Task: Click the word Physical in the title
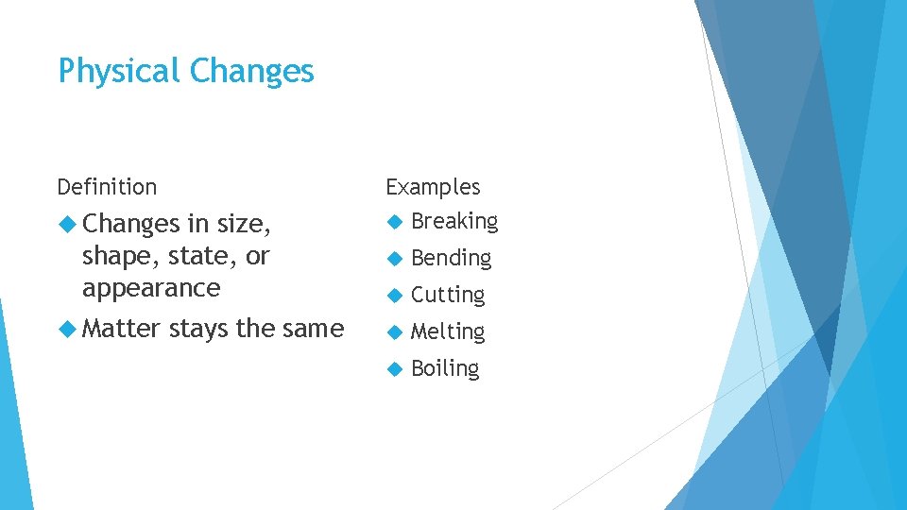(119, 72)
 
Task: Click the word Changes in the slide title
(251, 72)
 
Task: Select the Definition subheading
(107, 187)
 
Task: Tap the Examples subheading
(433, 187)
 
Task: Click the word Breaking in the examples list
(454, 222)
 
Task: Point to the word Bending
(451, 258)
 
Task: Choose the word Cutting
(448, 295)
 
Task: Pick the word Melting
(448, 331)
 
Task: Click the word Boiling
(445, 368)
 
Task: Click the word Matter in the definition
(121, 329)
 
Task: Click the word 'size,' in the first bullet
(244, 224)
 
